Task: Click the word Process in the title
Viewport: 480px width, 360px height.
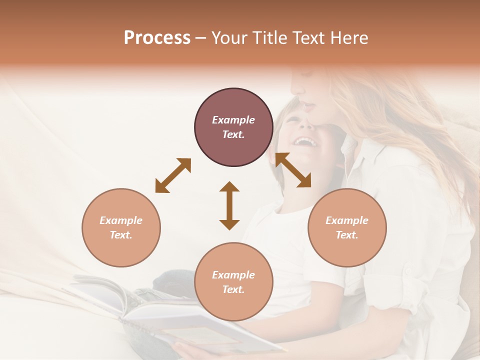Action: tap(157, 38)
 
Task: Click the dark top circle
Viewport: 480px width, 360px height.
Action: tap(233, 127)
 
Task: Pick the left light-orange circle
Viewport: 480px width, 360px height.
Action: tap(121, 227)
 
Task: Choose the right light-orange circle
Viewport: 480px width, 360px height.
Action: tap(347, 227)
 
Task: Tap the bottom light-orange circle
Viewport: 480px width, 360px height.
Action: tap(233, 282)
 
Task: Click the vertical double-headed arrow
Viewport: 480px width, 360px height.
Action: tap(229, 205)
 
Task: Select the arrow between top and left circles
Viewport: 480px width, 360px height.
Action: tap(173, 175)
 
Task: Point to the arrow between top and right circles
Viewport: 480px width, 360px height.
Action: tap(293, 170)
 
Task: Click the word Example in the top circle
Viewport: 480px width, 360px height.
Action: tap(233, 120)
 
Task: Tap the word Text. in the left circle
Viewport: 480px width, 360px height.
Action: tap(121, 235)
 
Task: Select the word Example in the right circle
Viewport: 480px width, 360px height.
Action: tap(347, 220)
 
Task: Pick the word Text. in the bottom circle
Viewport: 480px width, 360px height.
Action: tap(233, 289)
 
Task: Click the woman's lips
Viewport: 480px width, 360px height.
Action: tap(308, 105)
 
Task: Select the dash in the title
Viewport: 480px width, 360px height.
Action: tap(201, 38)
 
